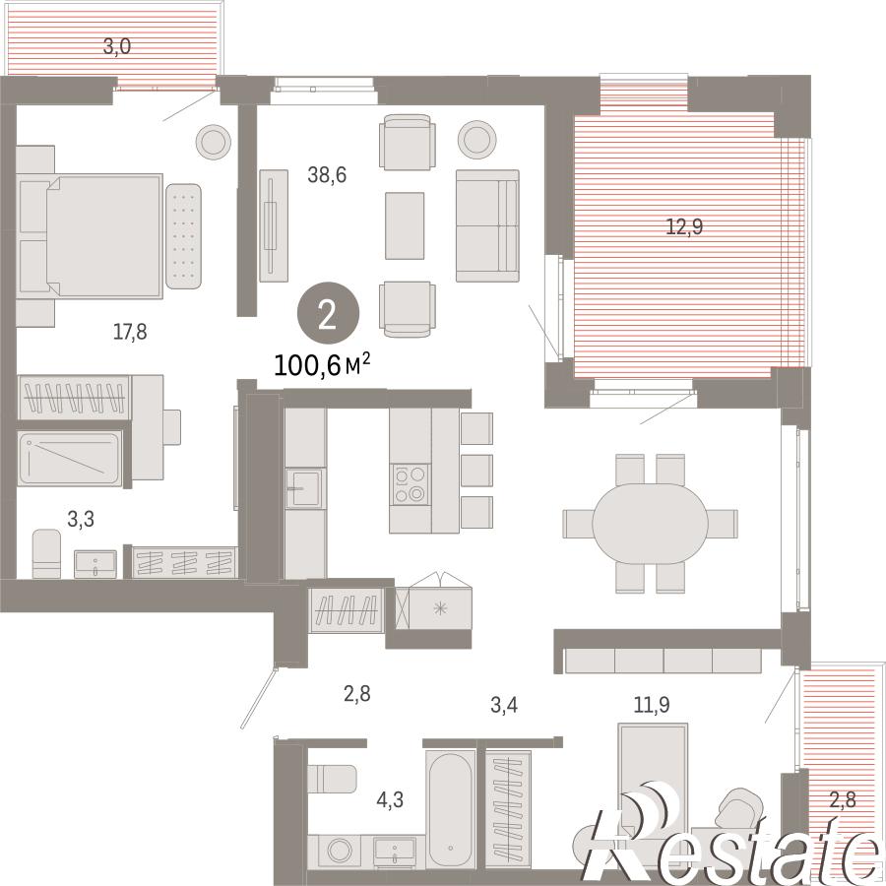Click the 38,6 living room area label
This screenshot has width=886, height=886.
point(327,175)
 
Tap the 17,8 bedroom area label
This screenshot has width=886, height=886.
point(130,332)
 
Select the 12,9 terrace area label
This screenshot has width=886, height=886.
point(684,226)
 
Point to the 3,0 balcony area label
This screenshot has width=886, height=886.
point(117,46)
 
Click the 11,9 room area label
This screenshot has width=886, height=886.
point(652,705)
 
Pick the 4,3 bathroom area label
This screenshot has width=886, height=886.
point(390,800)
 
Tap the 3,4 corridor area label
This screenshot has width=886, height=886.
point(504,705)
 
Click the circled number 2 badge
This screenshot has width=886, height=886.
point(328,313)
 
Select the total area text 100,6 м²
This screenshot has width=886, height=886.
point(322,365)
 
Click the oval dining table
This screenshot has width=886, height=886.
point(650,524)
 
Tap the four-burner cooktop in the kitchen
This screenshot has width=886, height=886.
point(410,484)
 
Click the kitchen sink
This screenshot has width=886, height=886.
point(305,487)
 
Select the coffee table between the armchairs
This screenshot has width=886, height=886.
point(405,225)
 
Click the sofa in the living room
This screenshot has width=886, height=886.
point(487,225)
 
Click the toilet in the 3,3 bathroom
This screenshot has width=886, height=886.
point(46,553)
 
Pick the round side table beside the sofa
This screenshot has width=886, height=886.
point(477,140)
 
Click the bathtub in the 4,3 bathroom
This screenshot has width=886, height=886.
point(451,808)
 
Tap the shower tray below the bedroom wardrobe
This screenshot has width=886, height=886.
point(70,458)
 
